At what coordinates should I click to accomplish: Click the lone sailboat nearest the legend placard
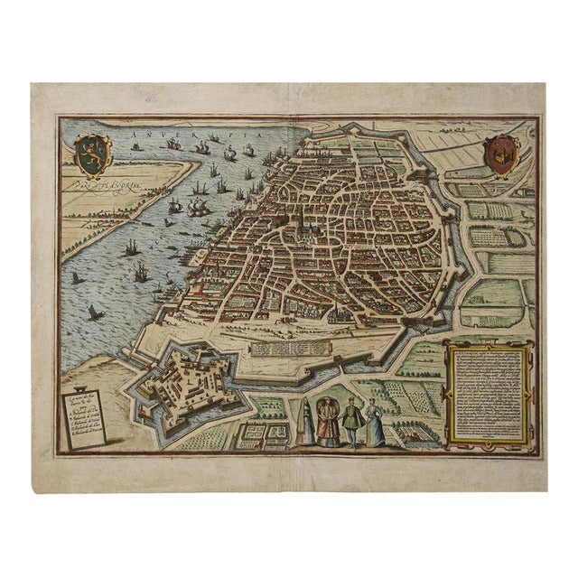[x=94, y=312]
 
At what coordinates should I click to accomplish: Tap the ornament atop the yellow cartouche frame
[x=489, y=341]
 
